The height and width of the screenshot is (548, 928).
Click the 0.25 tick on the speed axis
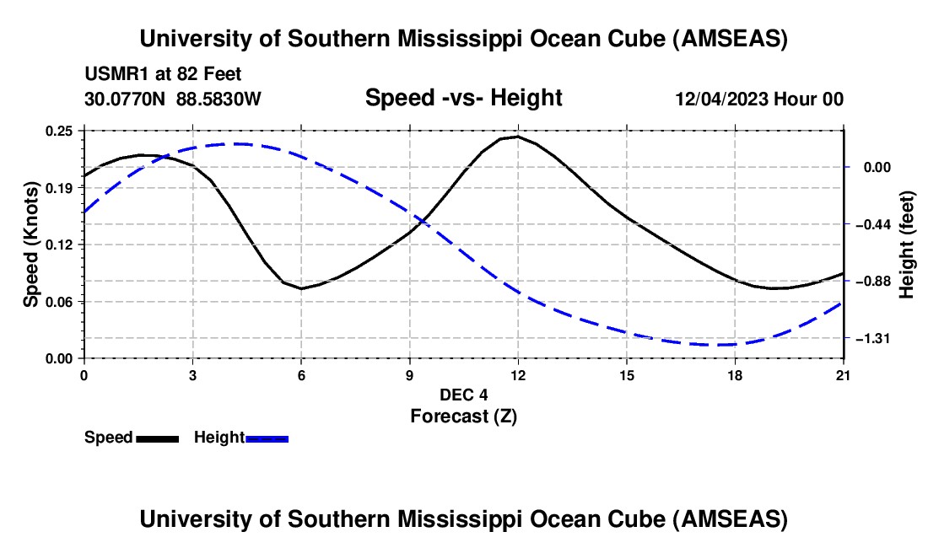point(62,131)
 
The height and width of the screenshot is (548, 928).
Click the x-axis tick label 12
point(517,374)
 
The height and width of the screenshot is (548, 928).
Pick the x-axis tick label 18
point(735,374)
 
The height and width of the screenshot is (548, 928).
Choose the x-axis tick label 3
point(192,374)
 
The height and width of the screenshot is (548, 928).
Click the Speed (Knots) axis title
point(30,244)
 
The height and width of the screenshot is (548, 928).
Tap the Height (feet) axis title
point(907,244)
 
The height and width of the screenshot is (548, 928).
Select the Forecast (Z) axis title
point(463,416)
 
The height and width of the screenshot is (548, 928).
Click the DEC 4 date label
point(463,395)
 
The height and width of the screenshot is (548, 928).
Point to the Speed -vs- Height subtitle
point(463,98)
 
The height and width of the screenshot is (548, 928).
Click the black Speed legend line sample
point(157,438)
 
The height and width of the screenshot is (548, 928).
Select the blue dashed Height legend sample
point(267,438)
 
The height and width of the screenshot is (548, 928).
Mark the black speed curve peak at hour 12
point(517,136)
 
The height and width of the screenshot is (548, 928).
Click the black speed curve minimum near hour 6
point(301,288)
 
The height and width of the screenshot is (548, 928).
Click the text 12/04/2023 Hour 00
point(759,99)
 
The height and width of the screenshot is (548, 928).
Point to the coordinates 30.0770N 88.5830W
point(173,99)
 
